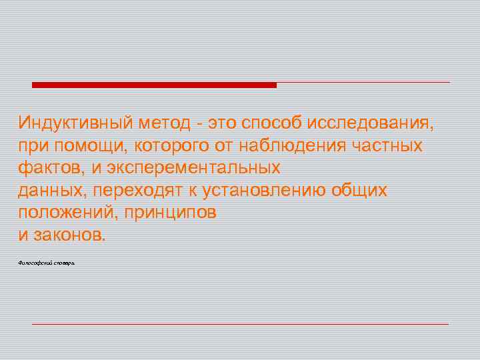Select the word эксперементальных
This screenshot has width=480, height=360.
193,168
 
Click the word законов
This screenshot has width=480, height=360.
69,235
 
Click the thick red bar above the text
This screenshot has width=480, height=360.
154,85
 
